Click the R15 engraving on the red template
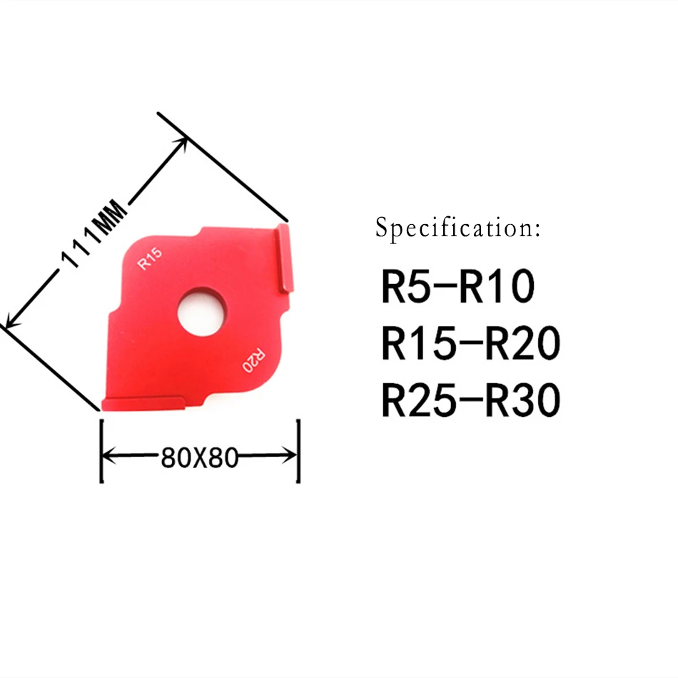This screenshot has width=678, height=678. [x=151, y=258]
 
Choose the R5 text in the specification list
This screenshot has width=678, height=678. [x=405, y=288]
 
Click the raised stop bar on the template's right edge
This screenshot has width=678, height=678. [x=284, y=258]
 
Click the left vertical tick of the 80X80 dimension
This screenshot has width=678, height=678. [x=102, y=451]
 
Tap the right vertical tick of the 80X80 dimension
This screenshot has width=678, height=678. [x=298, y=451]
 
